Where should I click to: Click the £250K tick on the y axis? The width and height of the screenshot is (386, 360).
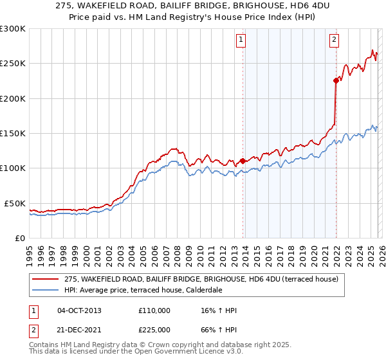point(13,64)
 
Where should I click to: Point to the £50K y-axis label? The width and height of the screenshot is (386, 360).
point(15,203)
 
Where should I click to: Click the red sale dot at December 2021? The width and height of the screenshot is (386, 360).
point(336,81)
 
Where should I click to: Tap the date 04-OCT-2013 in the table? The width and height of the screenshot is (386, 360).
point(79,310)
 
